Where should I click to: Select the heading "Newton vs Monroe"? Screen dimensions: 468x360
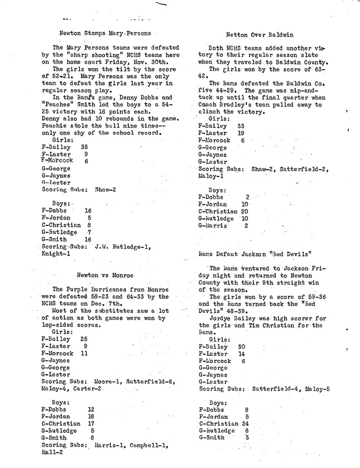(105, 275)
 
